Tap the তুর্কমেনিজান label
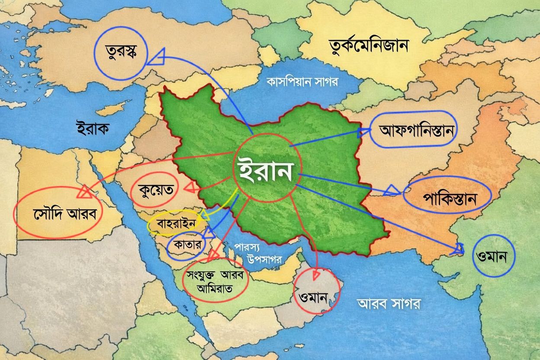click(369, 45)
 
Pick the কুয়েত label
click(156, 190)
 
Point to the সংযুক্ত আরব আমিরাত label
click(215, 282)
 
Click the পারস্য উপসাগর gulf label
click(259, 253)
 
